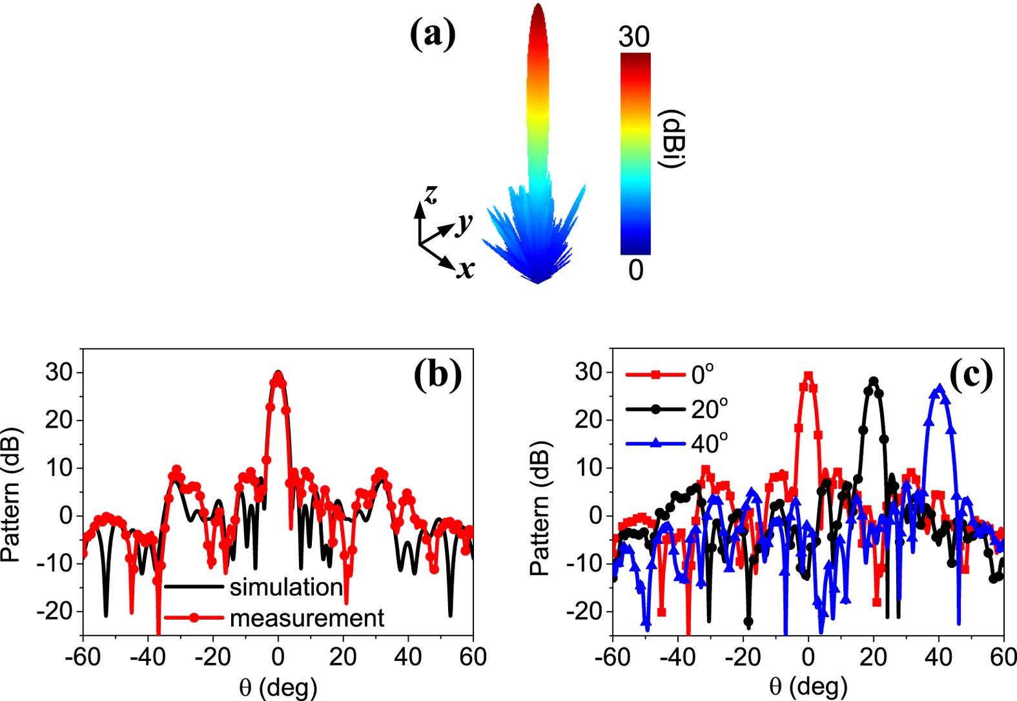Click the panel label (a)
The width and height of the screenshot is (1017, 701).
click(x=433, y=34)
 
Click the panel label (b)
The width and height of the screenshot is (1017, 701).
click(x=438, y=374)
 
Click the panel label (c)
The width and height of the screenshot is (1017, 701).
click(x=971, y=374)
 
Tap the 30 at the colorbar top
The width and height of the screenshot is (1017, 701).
click(x=633, y=37)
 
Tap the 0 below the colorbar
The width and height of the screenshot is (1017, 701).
click(x=635, y=270)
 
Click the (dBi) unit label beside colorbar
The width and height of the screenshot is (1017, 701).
click(x=672, y=140)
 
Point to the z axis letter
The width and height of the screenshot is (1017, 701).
click(x=430, y=193)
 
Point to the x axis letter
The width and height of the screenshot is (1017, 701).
click(x=465, y=268)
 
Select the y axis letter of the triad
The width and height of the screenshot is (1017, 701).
click(x=464, y=223)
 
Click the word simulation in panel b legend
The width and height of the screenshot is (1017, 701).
click(x=286, y=587)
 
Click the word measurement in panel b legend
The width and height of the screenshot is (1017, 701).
click(x=307, y=618)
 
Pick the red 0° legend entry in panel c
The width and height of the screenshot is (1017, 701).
click(x=703, y=374)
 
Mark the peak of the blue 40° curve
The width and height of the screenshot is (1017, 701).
click(x=940, y=388)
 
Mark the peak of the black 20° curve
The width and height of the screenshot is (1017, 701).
click(x=874, y=381)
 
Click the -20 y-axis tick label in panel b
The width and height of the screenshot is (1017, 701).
click(x=58, y=611)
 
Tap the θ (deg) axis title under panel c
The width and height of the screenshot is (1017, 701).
click(x=808, y=686)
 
